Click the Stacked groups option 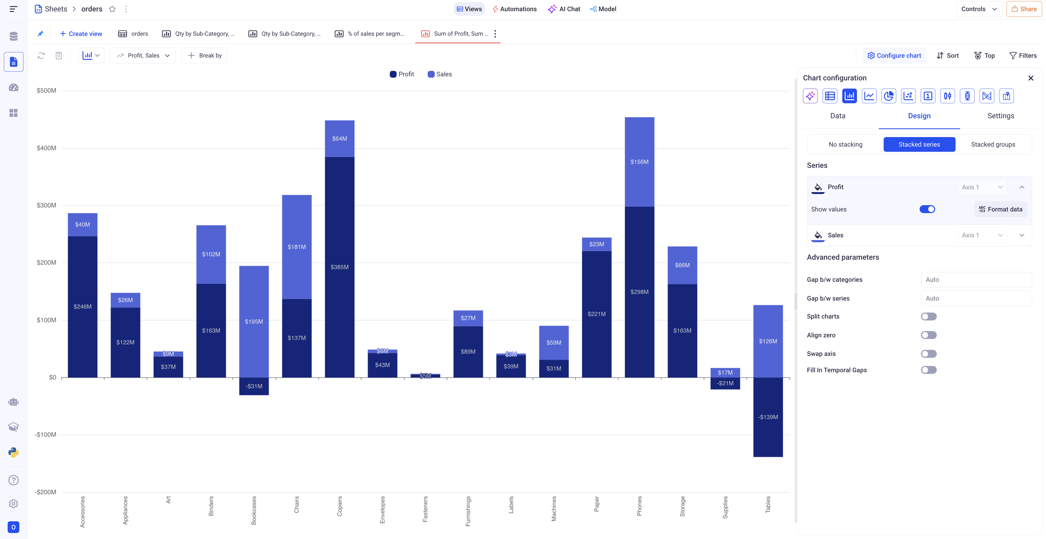point(993,144)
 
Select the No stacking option point(846,144)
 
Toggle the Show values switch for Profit point(927,209)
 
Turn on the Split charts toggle point(929,316)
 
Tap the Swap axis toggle point(929,354)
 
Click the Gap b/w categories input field point(976,280)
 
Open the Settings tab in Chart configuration point(1001,116)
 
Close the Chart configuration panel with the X point(1030,78)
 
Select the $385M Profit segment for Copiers point(339,267)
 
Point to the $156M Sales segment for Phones point(639,162)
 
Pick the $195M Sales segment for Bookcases point(254,321)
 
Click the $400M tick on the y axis point(47,148)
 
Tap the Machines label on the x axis point(554,508)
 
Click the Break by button point(204,56)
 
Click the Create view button point(81,34)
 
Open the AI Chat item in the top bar point(564,9)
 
